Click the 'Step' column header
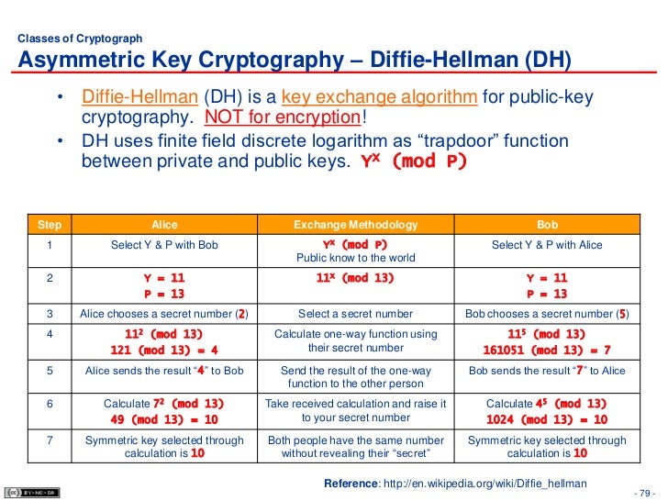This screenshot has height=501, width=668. pos(43,225)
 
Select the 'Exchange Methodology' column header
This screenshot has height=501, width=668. pos(355,225)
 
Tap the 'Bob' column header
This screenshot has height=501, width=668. pos(546,225)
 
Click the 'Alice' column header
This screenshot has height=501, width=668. pos(164,225)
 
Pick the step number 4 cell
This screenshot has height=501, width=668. pos(43,335)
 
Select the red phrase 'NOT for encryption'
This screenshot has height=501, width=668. pos(282,117)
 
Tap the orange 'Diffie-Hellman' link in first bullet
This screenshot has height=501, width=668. pos(139,98)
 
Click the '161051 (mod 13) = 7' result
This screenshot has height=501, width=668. pos(546,351)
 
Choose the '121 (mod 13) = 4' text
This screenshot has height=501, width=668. pos(164,351)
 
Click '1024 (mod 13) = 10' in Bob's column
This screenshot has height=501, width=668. pos(546,419)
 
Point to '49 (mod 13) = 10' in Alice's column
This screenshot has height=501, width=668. pos(164,419)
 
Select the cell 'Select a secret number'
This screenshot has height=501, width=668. pos(355,314)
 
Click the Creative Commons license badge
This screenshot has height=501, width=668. pos(23,493)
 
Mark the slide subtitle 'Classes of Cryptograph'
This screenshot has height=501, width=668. pos(81,39)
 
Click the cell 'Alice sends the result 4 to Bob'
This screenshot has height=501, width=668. pos(164,370)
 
